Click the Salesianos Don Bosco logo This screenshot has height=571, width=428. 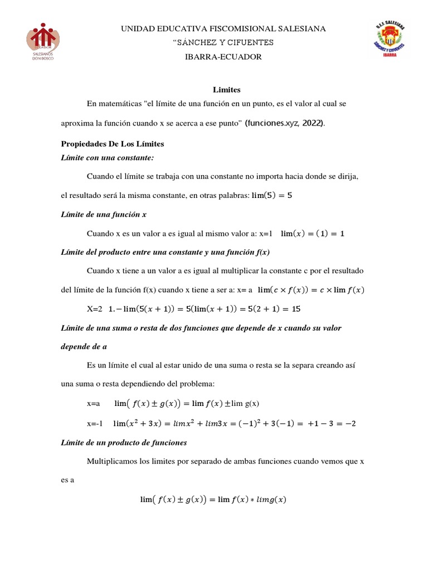tap(43, 42)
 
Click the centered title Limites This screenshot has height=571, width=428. tap(226, 89)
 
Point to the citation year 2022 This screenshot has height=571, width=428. tap(312, 123)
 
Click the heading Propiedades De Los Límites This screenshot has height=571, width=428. tap(113, 144)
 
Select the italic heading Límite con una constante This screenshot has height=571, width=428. tap(107, 158)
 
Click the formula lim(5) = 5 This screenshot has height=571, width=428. tap(272, 195)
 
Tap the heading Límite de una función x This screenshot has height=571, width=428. tap(104, 214)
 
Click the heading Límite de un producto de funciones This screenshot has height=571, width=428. tap(124, 443)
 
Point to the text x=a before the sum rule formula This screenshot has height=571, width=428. tap(93, 403)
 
